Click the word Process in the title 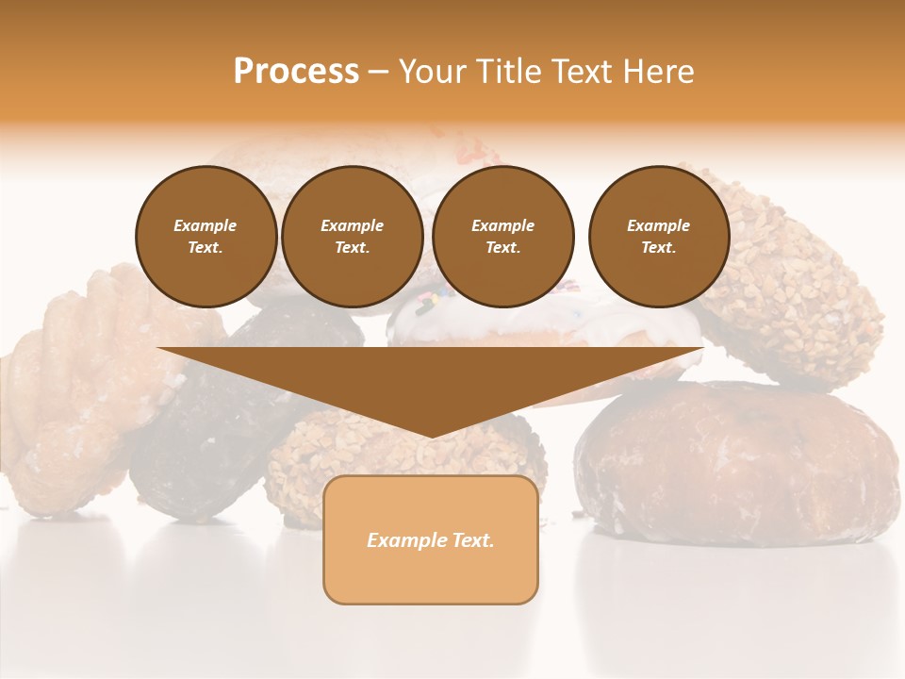click(x=296, y=72)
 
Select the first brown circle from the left click(x=206, y=237)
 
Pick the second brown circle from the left click(x=352, y=237)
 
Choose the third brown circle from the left click(x=502, y=237)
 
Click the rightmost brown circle click(x=658, y=237)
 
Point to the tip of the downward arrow click(x=431, y=436)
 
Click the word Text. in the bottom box click(x=472, y=540)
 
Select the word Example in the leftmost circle click(x=206, y=225)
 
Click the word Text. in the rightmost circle click(x=658, y=248)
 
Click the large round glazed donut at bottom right click(x=735, y=462)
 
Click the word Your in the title click(x=433, y=72)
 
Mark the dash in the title click(x=379, y=72)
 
